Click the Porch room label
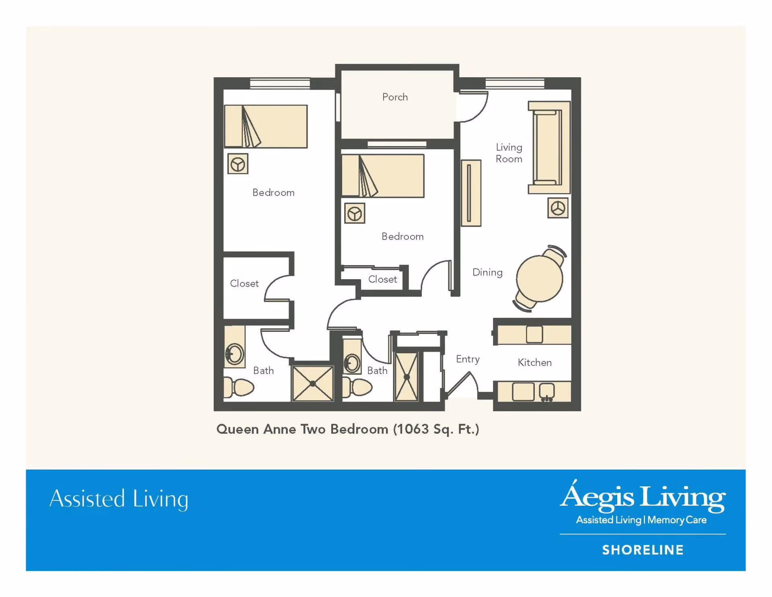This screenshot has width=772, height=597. click(395, 97)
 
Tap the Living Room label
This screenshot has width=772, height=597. click(509, 153)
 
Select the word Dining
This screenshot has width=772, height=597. click(487, 273)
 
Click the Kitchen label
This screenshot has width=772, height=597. click(534, 362)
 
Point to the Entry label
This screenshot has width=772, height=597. click(468, 359)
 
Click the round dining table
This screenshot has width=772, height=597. click(540, 278)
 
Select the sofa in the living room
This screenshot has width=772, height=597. click(549, 148)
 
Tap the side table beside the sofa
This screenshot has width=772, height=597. click(558, 208)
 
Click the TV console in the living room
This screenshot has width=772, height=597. click(471, 193)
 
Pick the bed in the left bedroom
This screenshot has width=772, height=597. click(266, 126)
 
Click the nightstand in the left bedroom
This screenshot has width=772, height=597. click(238, 164)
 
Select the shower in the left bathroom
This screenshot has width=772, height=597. click(313, 383)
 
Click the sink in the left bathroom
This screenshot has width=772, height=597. click(234, 354)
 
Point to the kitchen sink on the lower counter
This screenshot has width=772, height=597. click(547, 391)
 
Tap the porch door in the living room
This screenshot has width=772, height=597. click(473, 107)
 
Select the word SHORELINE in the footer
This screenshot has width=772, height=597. click(643, 550)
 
